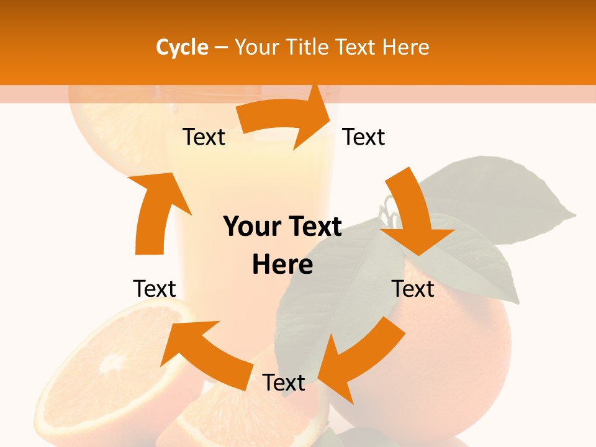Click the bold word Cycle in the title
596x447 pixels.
coord(182,47)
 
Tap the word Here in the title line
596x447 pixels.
coord(405,47)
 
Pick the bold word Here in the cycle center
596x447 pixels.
coord(282,264)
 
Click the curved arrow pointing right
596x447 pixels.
coord(285,118)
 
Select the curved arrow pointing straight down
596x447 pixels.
coord(413,214)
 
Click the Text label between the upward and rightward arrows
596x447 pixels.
coord(204,137)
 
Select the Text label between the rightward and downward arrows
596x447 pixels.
coord(364,137)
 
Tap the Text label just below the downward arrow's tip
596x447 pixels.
coord(413,289)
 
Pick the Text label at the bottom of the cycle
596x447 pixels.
coord(284,383)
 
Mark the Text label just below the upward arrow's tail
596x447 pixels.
coord(155,289)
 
